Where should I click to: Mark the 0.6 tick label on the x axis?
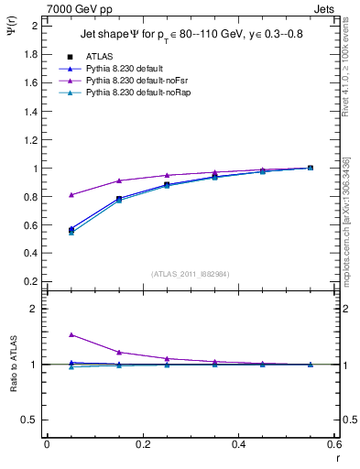pos(334,444)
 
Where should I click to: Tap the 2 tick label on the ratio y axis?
pos(34,309)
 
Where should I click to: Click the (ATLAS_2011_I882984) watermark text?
pos(190,273)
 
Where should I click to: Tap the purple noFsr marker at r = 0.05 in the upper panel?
pos(71,194)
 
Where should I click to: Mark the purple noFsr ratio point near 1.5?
pos(71,335)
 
